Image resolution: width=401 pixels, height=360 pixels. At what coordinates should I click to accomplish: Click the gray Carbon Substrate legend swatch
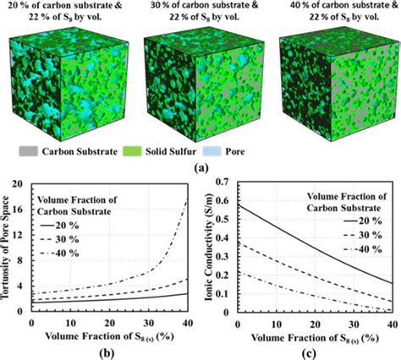click(x=28, y=151)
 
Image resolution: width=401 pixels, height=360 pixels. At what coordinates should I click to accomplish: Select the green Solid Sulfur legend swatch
click(x=132, y=151)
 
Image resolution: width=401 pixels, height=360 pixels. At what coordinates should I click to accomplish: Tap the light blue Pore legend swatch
click(x=211, y=151)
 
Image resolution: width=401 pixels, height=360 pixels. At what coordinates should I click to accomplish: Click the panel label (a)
click(x=201, y=168)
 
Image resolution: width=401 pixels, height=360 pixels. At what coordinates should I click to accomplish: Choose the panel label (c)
click(x=309, y=352)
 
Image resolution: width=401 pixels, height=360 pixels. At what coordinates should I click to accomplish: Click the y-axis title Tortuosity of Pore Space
click(x=7, y=248)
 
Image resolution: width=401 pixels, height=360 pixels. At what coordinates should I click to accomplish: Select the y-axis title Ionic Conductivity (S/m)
click(x=210, y=249)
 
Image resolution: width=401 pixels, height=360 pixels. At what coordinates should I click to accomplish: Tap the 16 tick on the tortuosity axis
click(x=20, y=210)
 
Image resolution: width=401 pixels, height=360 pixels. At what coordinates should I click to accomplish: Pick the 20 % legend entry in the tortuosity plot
click(x=59, y=226)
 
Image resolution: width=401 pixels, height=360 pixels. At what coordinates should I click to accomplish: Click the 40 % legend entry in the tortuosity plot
click(x=59, y=254)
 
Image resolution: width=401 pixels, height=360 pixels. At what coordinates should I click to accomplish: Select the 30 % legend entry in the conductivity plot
click(x=363, y=235)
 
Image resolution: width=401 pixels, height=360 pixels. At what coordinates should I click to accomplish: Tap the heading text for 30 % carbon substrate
click(x=204, y=11)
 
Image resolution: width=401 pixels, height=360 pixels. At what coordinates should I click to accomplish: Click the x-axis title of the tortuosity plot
click(x=109, y=336)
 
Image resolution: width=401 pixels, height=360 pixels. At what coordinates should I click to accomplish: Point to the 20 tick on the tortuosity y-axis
click(x=20, y=184)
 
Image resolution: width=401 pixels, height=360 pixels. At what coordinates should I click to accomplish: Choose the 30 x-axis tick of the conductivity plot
click(x=354, y=325)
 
